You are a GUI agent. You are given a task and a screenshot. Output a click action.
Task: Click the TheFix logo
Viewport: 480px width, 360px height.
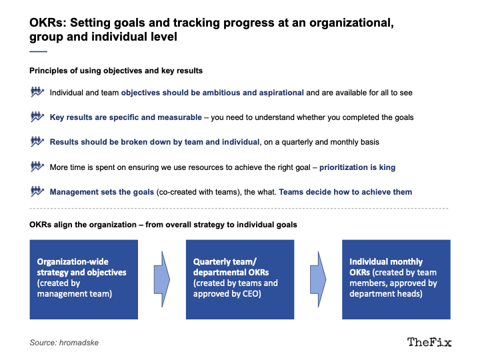tap(429, 342)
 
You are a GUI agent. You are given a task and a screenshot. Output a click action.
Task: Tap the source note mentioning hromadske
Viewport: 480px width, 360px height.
tap(64, 343)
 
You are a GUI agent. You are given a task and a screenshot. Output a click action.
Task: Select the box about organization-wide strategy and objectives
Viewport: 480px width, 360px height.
tap(83, 279)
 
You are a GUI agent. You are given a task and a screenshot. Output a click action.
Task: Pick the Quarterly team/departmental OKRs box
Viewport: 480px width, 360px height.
tap(240, 279)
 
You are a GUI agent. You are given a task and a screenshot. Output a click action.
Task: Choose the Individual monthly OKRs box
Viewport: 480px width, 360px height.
tap(396, 279)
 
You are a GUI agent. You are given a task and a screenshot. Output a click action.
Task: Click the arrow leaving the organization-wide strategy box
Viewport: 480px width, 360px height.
tap(162, 279)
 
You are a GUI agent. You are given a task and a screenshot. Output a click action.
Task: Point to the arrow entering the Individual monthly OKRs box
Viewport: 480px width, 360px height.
tap(318, 279)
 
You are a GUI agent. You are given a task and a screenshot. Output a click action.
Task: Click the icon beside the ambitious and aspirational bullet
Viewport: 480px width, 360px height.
tap(37, 92)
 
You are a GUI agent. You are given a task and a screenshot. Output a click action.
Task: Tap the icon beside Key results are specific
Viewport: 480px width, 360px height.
tap(37, 117)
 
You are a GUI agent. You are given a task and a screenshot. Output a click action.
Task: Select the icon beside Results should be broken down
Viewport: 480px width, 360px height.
tap(37, 141)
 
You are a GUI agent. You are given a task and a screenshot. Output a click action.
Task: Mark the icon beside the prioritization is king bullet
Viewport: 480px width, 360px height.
tap(37, 167)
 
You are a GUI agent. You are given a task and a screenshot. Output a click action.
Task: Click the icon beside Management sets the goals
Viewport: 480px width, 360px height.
tap(37, 191)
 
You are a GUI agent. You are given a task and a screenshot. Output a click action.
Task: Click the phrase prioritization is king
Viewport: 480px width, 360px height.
tap(357, 167)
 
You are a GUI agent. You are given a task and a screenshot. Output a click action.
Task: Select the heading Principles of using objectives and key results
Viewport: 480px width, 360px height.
tap(116, 71)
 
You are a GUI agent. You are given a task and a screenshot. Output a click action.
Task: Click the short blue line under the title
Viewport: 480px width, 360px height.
tap(38, 51)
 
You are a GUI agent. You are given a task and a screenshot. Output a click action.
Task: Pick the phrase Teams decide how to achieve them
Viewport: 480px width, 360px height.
tap(345, 192)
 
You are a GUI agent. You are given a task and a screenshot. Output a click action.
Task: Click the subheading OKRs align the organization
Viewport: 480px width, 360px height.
tap(83, 225)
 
